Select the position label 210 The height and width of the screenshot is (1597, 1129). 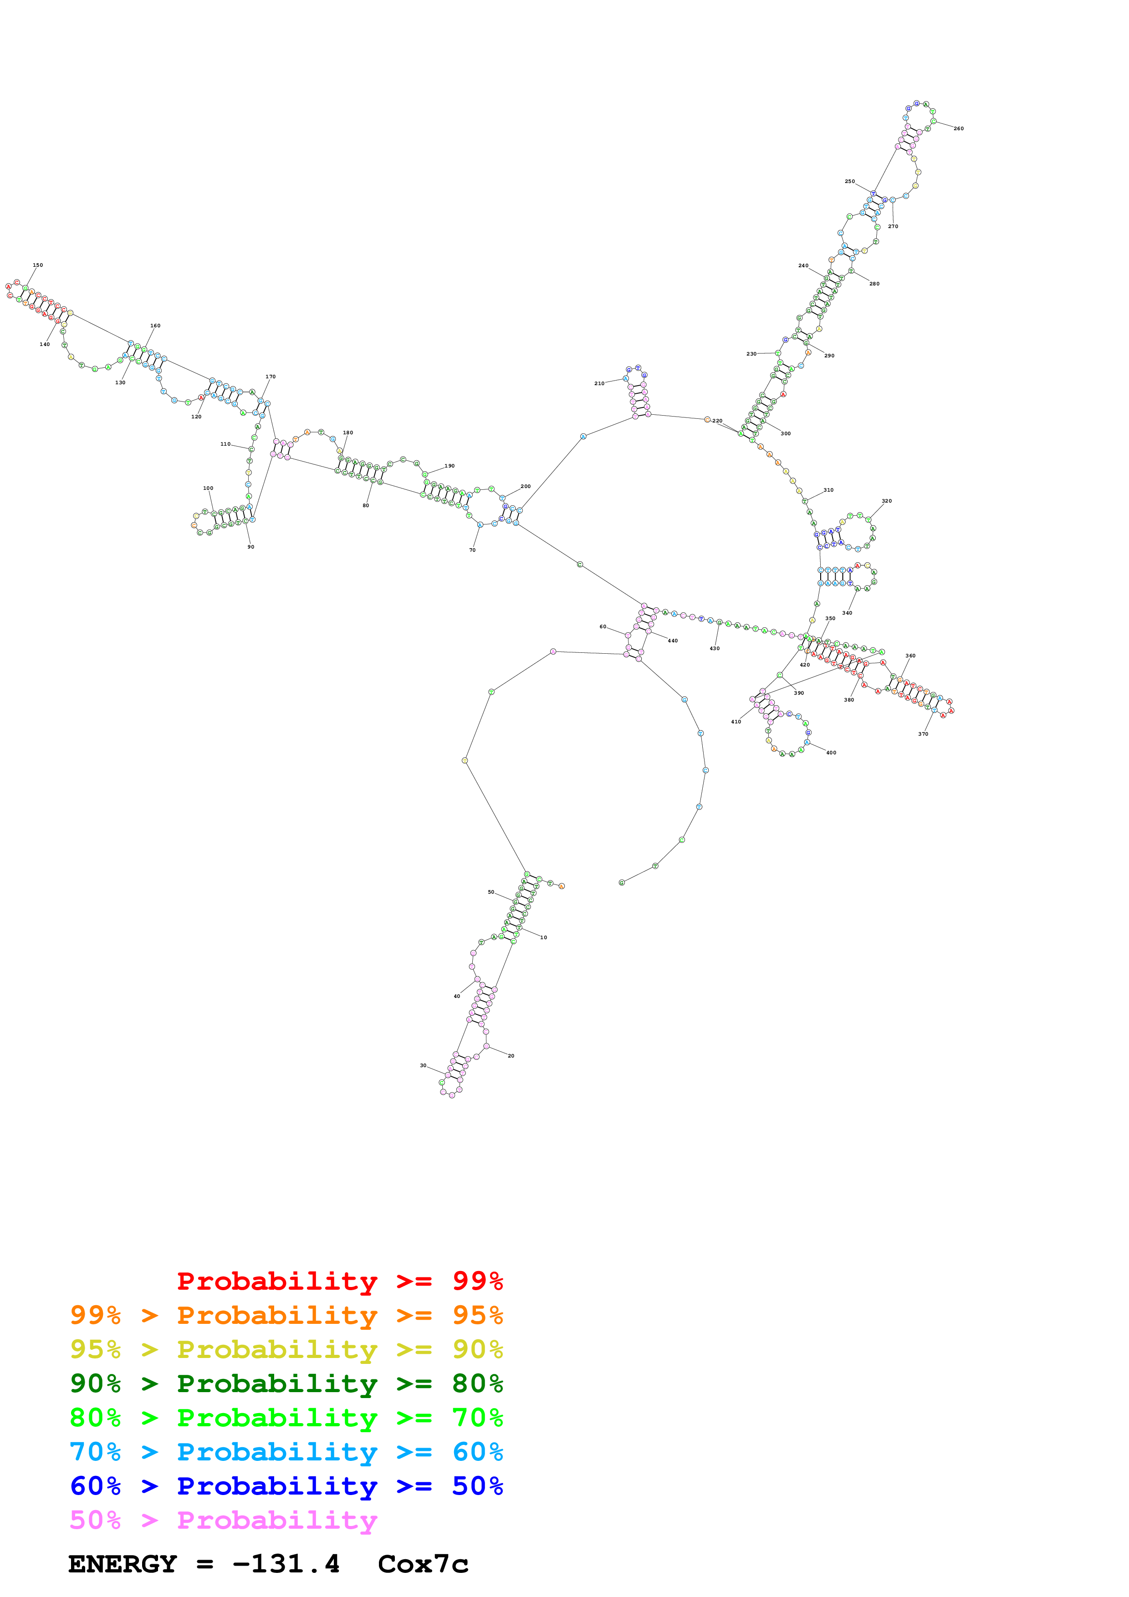tap(599, 383)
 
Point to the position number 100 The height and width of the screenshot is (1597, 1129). tap(208, 488)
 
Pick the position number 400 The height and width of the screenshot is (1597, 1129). tap(831, 753)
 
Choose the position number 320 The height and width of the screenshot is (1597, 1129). tap(886, 501)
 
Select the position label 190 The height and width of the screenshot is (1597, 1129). tap(450, 466)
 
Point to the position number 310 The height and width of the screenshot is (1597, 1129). tap(828, 490)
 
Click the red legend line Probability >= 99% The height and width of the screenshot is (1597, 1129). tap(339, 1281)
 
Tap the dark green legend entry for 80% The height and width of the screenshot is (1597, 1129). tap(286, 1383)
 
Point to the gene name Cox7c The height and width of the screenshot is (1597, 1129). tap(423, 1564)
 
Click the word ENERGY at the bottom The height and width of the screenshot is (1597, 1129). tap(123, 1564)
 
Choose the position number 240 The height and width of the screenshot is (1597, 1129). tap(803, 266)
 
